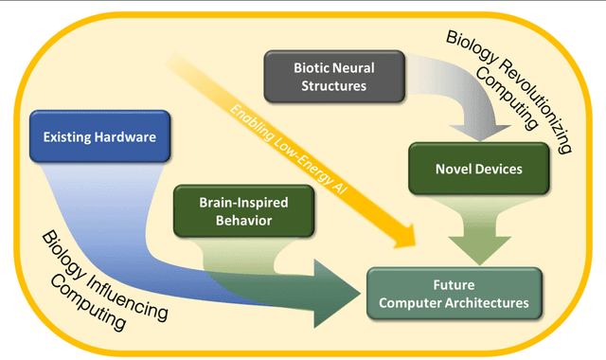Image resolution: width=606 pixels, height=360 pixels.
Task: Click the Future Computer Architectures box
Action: pyautogui.click(x=454, y=295)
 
